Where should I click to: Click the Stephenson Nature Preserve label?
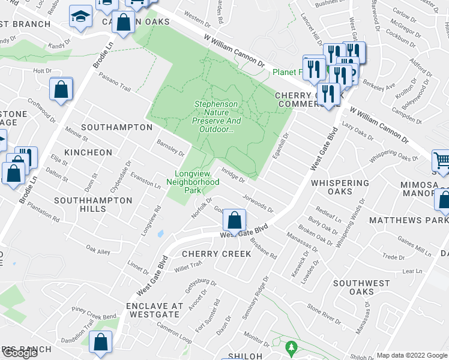216,112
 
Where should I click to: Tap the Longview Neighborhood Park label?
193,181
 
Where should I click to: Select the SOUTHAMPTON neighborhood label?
116,127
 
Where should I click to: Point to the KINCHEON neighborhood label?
88,152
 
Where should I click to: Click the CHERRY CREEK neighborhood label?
216,254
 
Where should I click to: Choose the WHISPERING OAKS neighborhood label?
336,187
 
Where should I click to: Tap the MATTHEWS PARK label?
408,221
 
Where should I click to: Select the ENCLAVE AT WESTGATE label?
153,310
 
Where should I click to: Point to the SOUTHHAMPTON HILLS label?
93,205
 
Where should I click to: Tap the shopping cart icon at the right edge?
442,160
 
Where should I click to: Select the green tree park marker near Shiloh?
291,347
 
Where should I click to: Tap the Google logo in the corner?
20,353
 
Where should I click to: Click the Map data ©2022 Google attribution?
412,355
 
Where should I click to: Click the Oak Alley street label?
98,250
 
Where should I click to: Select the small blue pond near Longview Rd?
160,233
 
